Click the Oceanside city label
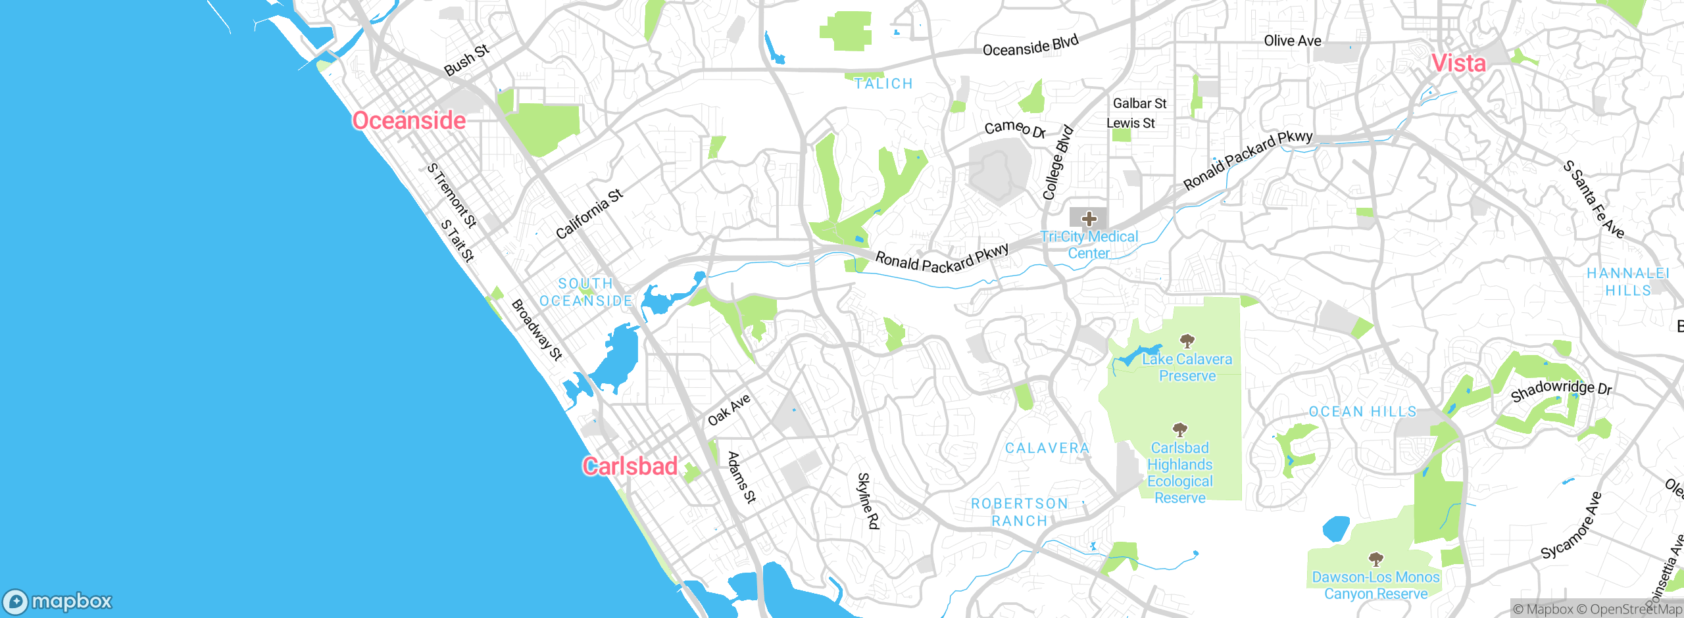[x=409, y=121]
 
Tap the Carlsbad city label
[x=630, y=466]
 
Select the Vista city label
[x=1458, y=64]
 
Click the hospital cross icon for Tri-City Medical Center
[x=1089, y=218]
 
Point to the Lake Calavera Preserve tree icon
[x=1187, y=341]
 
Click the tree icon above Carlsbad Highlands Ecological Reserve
[x=1180, y=430]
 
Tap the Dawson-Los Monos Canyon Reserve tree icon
[x=1375, y=559]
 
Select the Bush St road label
[x=466, y=60]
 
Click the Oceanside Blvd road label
[x=1030, y=45]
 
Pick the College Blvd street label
[x=1058, y=162]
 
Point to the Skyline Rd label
[x=868, y=500]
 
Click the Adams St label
[x=742, y=477]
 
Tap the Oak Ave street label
[x=729, y=410]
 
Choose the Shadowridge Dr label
[x=1561, y=390]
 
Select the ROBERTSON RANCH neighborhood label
[x=1019, y=512]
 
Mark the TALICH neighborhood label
[x=883, y=84]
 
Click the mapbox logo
[x=58, y=602]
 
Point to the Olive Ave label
[x=1292, y=41]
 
